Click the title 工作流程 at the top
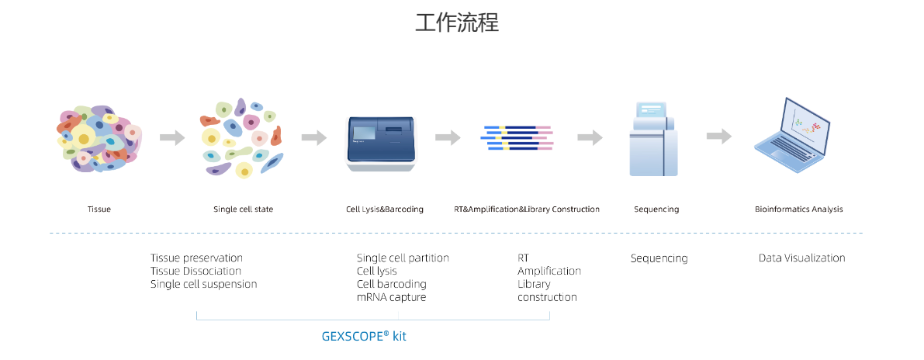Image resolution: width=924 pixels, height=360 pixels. (457, 22)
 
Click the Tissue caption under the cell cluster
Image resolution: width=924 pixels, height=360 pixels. (99, 209)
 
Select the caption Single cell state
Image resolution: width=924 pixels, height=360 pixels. (243, 209)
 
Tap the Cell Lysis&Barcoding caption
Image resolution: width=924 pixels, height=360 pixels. (385, 209)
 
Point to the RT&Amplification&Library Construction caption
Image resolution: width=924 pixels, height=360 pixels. (527, 209)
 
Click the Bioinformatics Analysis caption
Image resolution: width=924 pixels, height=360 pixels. (798, 209)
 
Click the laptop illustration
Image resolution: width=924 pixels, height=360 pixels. (793, 137)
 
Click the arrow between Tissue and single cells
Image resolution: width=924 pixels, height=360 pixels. (172, 138)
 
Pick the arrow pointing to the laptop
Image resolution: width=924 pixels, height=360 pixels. (719, 137)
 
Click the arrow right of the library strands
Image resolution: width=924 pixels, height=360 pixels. (590, 137)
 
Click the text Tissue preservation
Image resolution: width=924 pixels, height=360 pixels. (196, 258)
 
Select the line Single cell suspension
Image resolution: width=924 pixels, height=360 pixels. (203, 285)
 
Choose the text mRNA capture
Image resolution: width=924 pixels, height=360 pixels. (391, 298)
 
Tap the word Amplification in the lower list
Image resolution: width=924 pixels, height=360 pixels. (549, 272)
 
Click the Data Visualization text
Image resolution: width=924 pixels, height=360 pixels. (801, 258)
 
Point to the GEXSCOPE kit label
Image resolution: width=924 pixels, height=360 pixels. (364, 337)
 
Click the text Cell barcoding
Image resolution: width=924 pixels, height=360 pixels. (392, 285)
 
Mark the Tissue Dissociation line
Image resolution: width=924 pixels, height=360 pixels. (196, 272)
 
